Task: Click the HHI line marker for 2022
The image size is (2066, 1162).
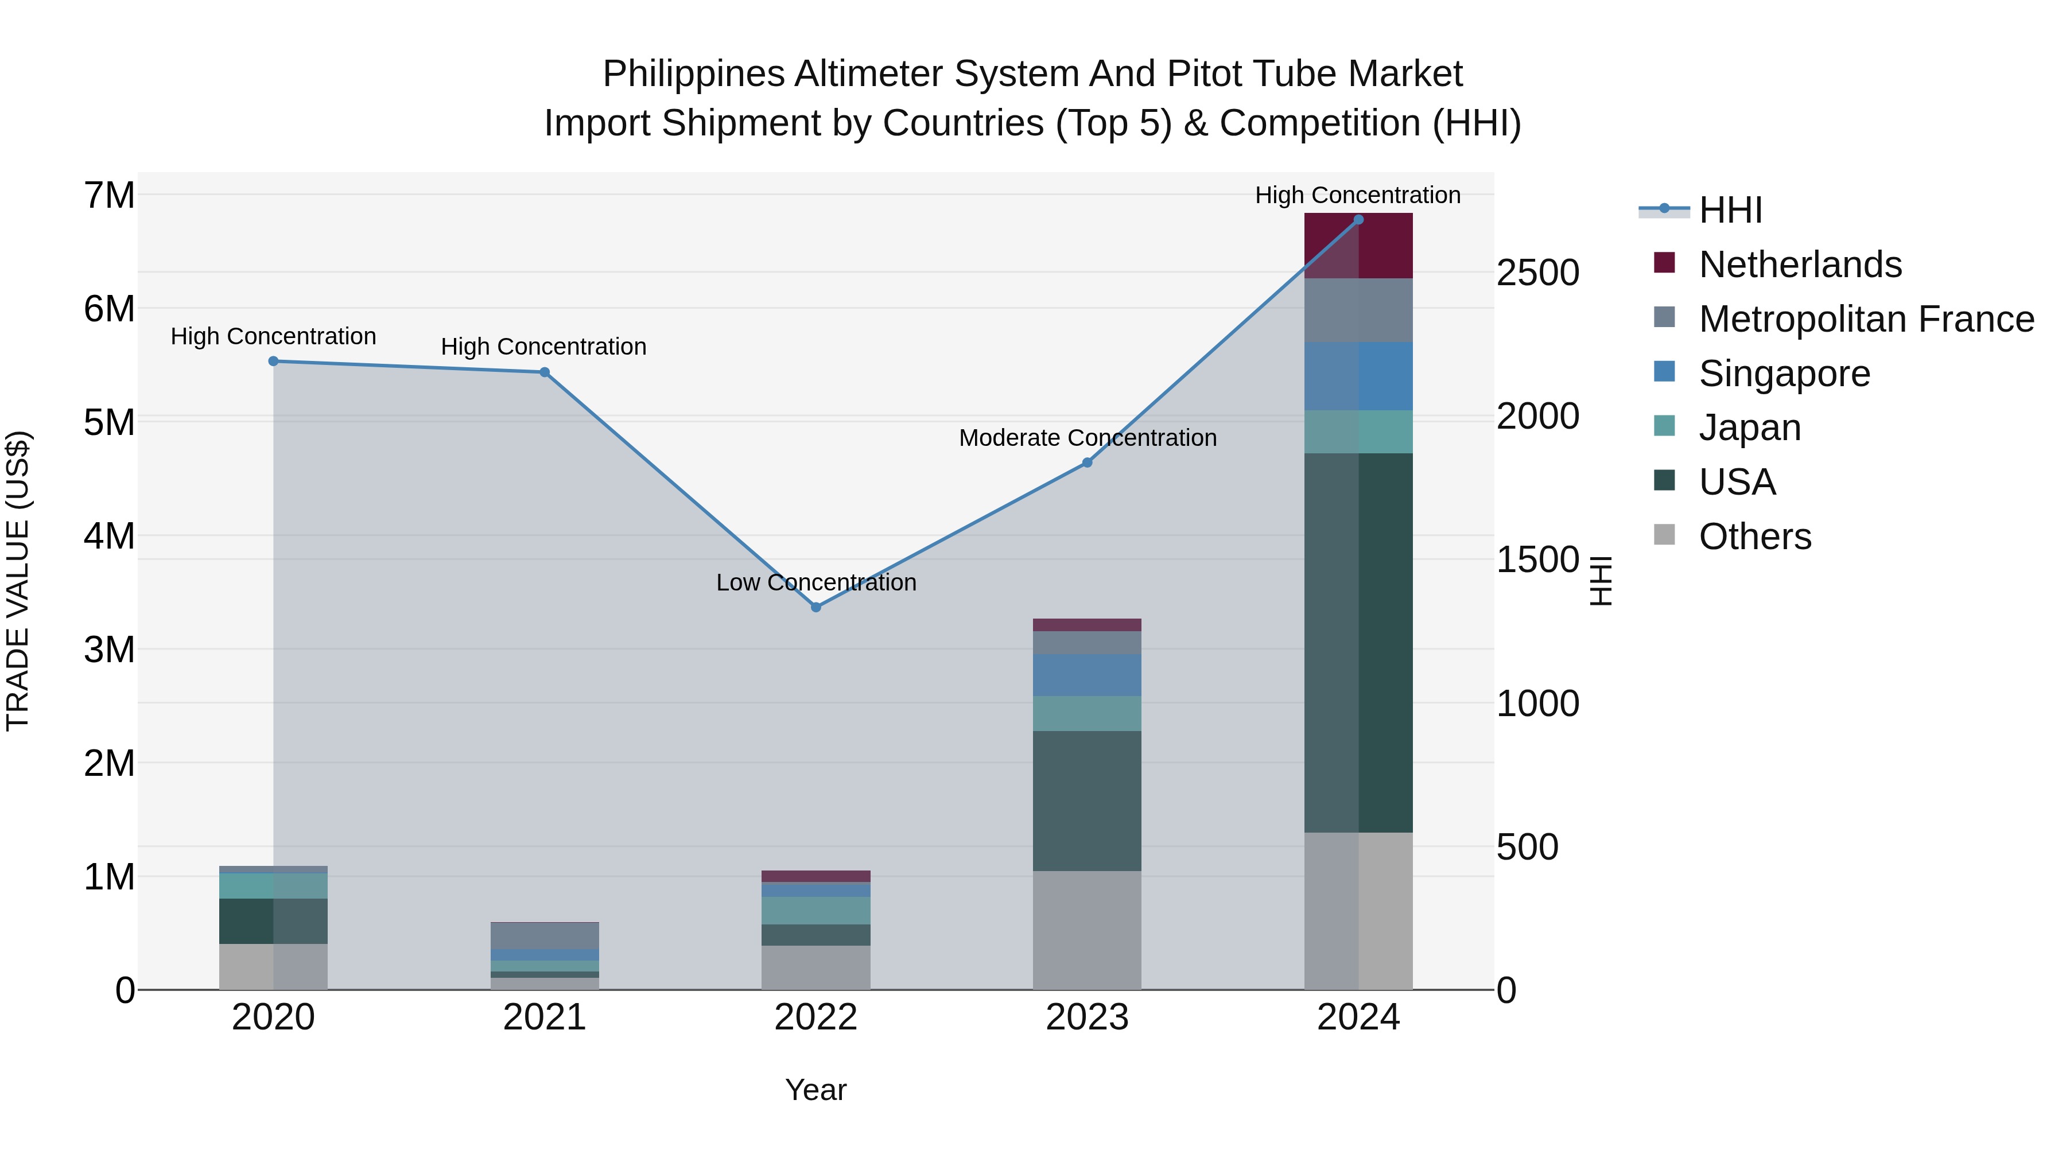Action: (x=815, y=607)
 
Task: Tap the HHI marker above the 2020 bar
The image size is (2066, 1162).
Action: (x=274, y=361)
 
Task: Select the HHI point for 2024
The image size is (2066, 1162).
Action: (x=1358, y=219)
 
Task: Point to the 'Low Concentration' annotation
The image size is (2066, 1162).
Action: (x=815, y=582)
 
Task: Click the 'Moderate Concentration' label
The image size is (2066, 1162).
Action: (x=1088, y=438)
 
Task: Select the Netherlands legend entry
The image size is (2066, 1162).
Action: (x=1800, y=265)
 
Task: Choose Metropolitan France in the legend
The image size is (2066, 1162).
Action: (x=1866, y=319)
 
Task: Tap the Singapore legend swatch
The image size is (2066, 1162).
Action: (x=1665, y=372)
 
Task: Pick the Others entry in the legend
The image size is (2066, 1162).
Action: (x=1755, y=537)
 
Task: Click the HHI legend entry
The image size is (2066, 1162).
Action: (x=1730, y=210)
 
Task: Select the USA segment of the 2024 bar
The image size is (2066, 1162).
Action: (x=1358, y=642)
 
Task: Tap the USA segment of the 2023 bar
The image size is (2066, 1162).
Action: (x=1087, y=800)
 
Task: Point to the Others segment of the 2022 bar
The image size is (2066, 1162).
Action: (x=815, y=967)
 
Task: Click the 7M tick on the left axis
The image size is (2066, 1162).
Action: (x=109, y=196)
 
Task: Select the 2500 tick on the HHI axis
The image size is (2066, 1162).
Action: (x=1537, y=273)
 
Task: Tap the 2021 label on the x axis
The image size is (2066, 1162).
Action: (x=545, y=1017)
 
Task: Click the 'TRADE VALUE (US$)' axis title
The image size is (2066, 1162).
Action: (x=18, y=581)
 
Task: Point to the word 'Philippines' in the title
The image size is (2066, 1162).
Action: (x=693, y=74)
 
